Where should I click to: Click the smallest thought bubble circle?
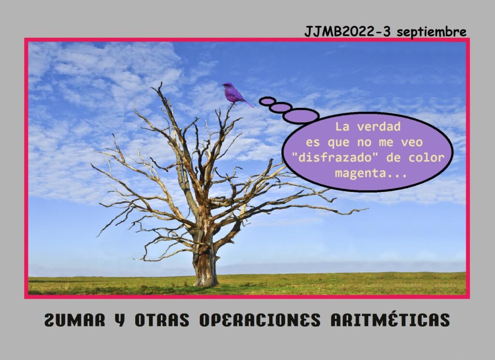click(267, 101)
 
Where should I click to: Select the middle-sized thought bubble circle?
click(281, 107)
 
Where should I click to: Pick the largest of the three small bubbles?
click(301, 116)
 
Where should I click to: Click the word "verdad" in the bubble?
click(379, 127)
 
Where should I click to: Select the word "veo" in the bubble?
click(412, 142)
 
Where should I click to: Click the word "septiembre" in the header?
click(431, 32)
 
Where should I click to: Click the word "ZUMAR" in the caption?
click(74, 319)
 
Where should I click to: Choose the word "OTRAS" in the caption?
click(162, 319)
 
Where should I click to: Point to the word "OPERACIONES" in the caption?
click(260, 319)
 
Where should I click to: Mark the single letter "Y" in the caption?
click(120, 319)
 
